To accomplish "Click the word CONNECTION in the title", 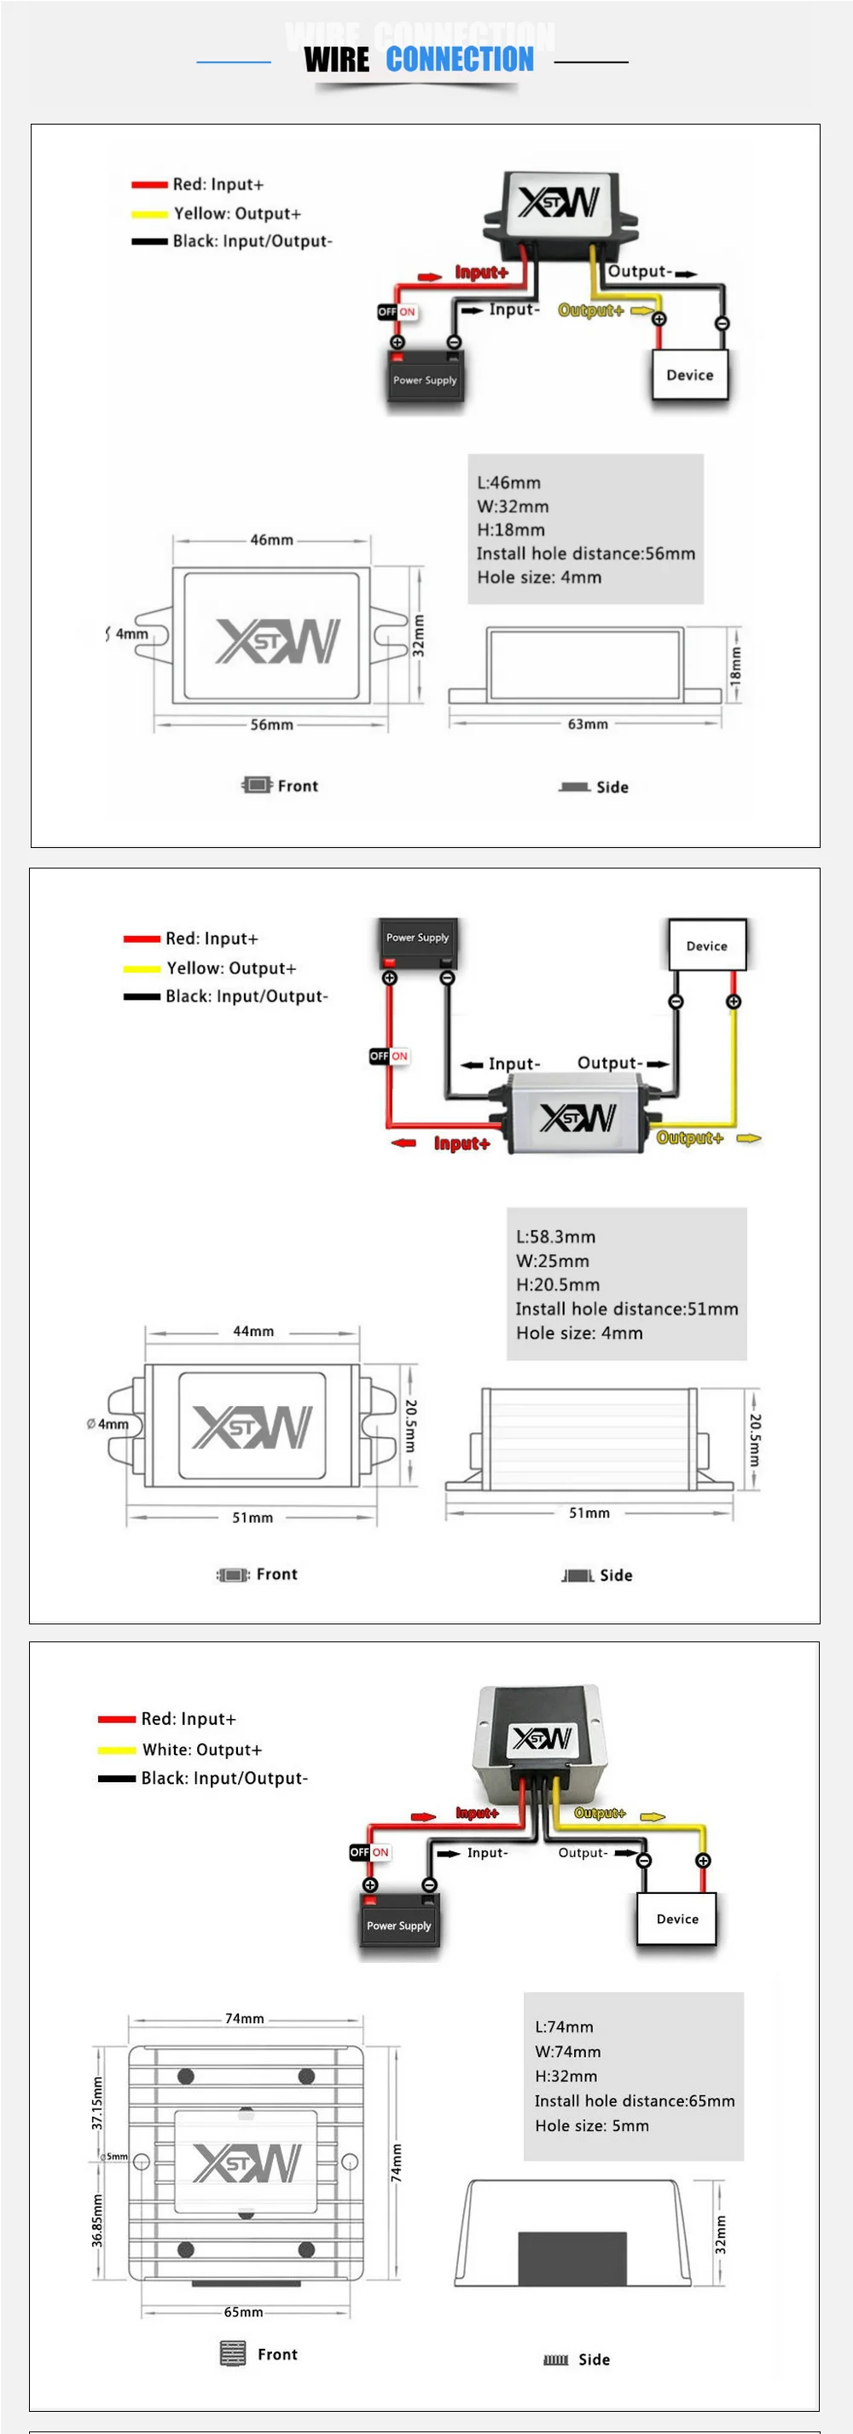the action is pos(459,60).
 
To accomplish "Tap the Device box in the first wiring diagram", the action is pos(689,375).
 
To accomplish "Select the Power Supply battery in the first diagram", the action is pos(425,376).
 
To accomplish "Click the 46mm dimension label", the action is pos(271,539).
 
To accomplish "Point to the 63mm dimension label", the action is pos(588,723).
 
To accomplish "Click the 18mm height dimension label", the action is pos(736,665).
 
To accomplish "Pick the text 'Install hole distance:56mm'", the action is pos(586,554).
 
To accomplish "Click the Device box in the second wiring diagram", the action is pos(706,945).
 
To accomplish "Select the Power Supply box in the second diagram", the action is pos(417,939).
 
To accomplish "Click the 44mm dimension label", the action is pos(253,1330).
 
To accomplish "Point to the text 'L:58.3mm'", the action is pos(555,1236).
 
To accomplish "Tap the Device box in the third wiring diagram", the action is pos(677,1918).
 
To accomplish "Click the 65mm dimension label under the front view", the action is pos(244,2311).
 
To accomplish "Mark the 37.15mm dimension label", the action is pos(97,2103).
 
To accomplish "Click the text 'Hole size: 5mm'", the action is pos(591,2125).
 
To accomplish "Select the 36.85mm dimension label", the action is pos(97,2221).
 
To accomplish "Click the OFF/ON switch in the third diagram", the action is pos(369,1852).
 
